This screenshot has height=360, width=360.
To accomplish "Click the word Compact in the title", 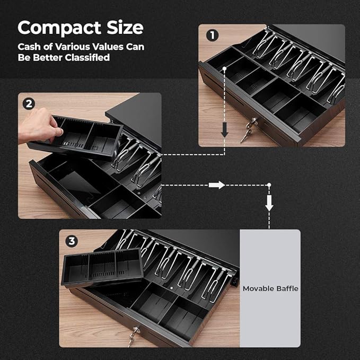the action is (x=59, y=28).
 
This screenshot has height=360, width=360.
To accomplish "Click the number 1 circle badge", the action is (x=212, y=36).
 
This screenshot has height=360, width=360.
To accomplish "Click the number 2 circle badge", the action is (x=29, y=104).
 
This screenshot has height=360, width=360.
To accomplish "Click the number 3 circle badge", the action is (x=72, y=241).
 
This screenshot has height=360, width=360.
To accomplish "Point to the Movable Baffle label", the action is (x=270, y=288).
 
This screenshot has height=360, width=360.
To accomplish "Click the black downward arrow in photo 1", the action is (x=225, y=130).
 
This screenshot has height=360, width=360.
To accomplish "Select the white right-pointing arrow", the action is (x=217, y=185).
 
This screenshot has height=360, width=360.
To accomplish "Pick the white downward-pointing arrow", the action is (x=269, y=203).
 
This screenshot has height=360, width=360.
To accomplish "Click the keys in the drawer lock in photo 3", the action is (x=133, y=337).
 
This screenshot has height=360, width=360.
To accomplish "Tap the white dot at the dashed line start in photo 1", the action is (x=225, y=68).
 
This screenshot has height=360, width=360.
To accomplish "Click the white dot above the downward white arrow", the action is (x=269, y=185).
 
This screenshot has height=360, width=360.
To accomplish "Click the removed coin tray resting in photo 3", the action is (x=102, y=267).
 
